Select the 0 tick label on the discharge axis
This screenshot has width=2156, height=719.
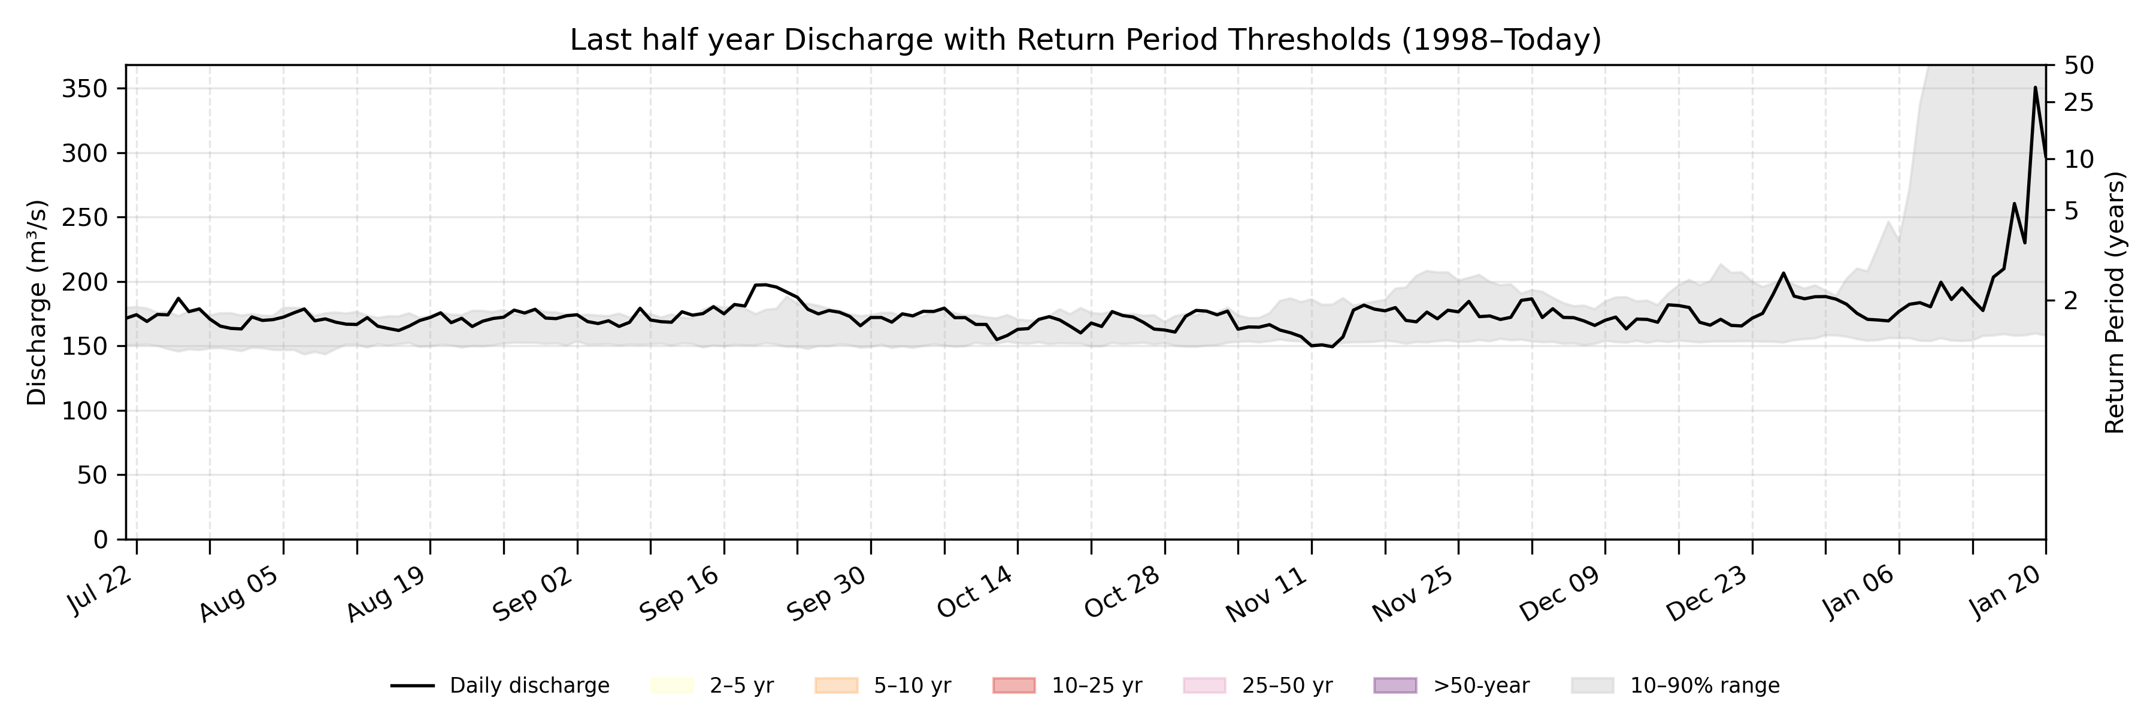pos(101,540)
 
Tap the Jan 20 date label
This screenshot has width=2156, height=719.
pos(2009,590)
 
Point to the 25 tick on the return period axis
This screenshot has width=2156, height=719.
pos(2078,103)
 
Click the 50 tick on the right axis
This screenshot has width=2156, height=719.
pos(2078,65)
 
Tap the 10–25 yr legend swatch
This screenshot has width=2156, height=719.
pos(1013,685)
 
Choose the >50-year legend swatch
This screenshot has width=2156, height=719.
pos(1395,685)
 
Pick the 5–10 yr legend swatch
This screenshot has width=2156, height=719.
pos(836,685)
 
